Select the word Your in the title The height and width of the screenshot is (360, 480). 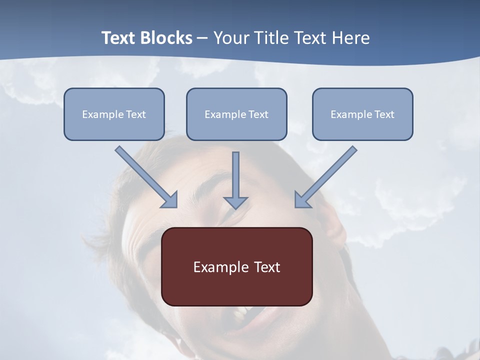click(232, 38)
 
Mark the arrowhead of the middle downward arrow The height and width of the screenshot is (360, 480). click(235, 202)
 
